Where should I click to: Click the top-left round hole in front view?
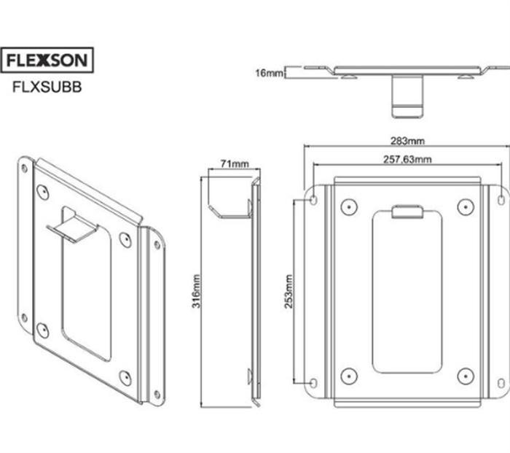click(x=349, y=206)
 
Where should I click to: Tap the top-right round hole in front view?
click(x=465, y=206)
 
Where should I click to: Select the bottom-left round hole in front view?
click(x=349, y=376)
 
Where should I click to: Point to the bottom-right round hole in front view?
click(x=465, y=376)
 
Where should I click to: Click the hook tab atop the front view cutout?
click(x=407, y=212)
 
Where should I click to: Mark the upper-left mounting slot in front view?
click(x=313, y=198)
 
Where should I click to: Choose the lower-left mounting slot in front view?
click(x=313, y=383)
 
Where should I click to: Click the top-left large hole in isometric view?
click(x=43, y=193)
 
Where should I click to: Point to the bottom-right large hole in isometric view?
click(x=125, y=377)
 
